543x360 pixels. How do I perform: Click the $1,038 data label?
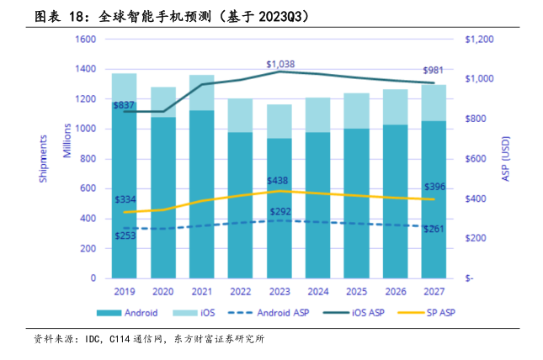coord(280,64)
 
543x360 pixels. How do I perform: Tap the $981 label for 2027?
coord(434,71)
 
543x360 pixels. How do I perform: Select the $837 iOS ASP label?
coord(124,105)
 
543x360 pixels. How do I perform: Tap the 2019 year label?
coord(124,292)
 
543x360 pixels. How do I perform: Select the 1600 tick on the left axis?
coord(84,40)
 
